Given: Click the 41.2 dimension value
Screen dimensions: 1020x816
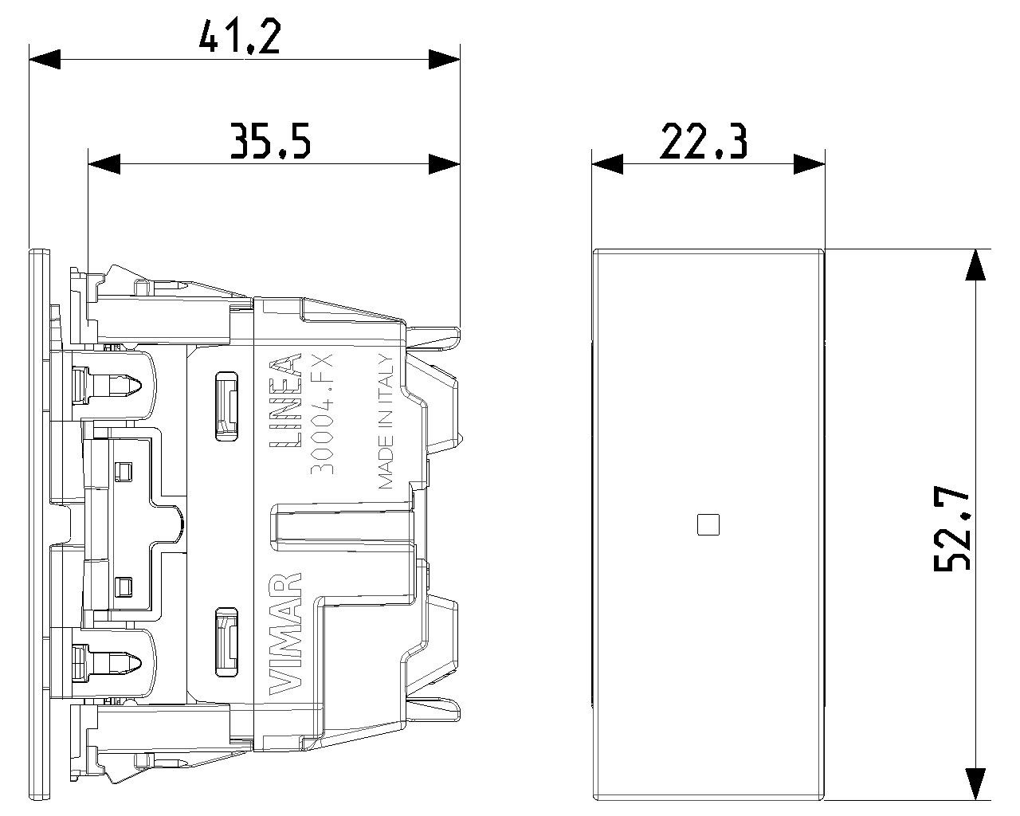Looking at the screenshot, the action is tap(240, 37).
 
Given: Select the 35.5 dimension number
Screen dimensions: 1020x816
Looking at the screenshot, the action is tap(271, 141).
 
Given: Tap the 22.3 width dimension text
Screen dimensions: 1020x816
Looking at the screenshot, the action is tap(704, 141).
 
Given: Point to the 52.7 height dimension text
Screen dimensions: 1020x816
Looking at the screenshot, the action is tap(951, 528).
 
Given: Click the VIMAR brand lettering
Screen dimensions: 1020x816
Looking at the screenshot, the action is tap(285, 634).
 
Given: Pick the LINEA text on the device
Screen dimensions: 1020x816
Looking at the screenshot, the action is tap(285, 400).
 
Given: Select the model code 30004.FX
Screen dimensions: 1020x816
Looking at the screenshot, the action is tap(322, 414).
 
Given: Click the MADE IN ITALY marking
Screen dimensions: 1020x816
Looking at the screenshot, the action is tap(386, 422).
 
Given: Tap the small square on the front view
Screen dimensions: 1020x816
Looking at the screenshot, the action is tap(708, 525).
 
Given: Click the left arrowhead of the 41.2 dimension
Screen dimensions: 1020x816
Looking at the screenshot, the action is tap(45, 59).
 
